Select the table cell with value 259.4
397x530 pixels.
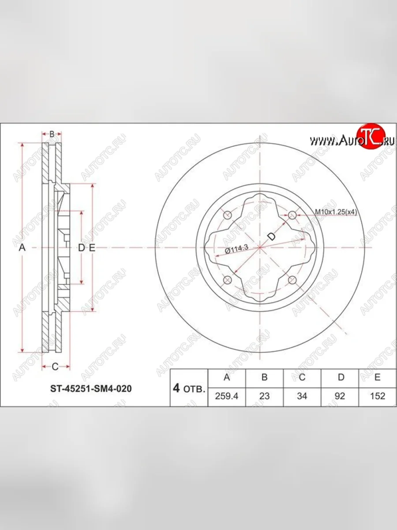[x=227, y=396]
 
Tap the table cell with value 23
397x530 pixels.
[x=264, y=396]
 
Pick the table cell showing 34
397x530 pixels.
[x=302, y=396]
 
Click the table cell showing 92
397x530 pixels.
[x=340, y=396]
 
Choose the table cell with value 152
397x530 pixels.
[x=378, y=396]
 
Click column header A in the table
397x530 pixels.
[x=227, y=377]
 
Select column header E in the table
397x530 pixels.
[x=378, y=377]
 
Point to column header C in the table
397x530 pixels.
[x=302, y=377]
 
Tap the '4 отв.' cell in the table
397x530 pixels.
[x=189, y=388]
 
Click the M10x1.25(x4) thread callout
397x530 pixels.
[x=336, y=212]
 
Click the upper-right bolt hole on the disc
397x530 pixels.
[x=293, y=215]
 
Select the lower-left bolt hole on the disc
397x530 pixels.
[x=228, y=280]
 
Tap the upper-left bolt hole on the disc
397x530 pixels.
[x=228, y=215]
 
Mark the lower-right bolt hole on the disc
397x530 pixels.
[x=292, y=280]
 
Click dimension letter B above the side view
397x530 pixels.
[x=52, y=134]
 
